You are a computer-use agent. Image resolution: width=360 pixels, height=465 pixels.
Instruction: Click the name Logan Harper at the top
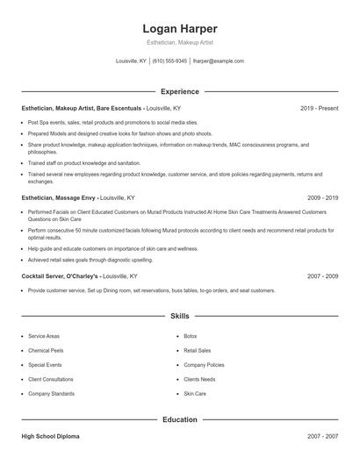coord(179,28)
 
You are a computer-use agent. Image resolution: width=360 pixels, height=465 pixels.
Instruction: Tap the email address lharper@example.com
coord(218,61)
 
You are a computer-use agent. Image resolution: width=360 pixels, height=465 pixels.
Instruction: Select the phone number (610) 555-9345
coord(169,61)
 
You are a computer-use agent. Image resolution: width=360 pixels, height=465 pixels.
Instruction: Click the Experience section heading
coord(179,91)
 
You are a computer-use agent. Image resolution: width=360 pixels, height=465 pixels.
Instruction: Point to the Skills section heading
coord(179,315)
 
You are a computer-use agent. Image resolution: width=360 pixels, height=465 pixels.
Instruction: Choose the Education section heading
coord(179,419)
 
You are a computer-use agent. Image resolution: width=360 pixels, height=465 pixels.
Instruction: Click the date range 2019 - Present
coord(319,108)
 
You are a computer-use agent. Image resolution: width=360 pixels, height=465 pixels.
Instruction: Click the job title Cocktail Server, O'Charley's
coord(60,275)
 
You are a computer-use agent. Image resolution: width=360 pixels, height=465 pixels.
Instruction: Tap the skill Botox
coord(191,336)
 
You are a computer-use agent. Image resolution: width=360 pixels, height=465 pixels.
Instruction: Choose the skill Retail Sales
coord(197,350)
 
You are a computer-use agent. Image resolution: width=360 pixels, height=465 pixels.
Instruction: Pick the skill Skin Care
coord(195,394)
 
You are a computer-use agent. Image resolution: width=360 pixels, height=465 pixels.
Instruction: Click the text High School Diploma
coord(52,436)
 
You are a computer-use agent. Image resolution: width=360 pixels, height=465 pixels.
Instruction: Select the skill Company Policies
coord(204,364)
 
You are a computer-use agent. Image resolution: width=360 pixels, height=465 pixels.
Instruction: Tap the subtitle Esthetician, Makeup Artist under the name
coord(179,42)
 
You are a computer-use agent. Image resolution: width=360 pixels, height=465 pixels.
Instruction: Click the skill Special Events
coord(43,364)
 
